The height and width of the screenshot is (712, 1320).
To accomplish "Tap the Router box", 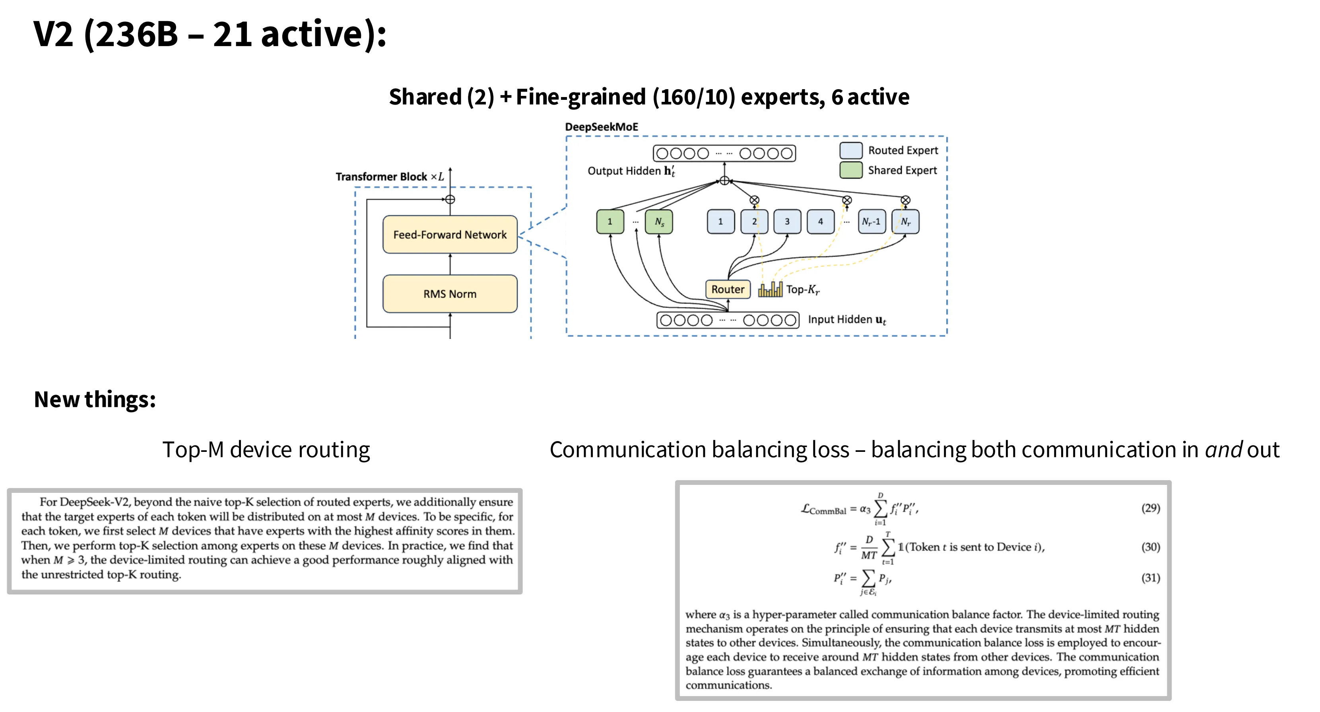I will coord(728,289).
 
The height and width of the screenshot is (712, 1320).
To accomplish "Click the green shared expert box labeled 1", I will coord(610,222).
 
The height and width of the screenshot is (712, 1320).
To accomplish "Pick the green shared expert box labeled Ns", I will coord(658,222).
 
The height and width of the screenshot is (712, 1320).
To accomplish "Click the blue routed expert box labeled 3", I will coord(787,222).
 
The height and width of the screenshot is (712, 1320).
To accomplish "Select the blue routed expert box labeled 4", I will coord(820,222).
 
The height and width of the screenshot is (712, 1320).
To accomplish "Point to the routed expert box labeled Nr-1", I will coord(871,222).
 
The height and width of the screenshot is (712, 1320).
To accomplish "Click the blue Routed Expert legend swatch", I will coord(850,150).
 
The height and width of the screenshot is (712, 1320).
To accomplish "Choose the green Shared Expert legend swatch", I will coord(850,170).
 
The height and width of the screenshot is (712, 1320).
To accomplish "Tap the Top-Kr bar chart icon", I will coord(770,289).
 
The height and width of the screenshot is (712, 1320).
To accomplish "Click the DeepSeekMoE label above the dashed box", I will coord(601,126).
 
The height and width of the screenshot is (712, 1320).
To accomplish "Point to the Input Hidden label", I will coord(846,319).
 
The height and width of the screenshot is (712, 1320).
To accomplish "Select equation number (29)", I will coord(1150,508).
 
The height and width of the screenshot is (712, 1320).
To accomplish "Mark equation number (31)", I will coord(1150,578).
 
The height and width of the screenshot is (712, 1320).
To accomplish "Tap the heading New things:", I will coord(95,399).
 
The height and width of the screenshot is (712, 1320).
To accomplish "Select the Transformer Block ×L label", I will coord(390,177).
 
